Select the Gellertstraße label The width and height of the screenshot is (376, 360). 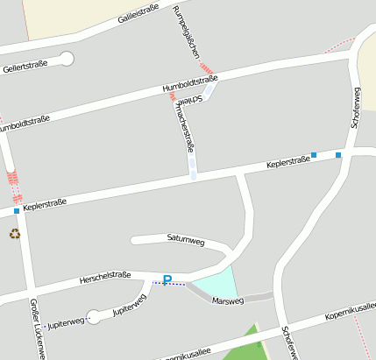pyautogui.click(x=25, y=67)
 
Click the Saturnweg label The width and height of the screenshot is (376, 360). pyautogui.click(x=185, y=237)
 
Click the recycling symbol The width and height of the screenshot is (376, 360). pyautogui.click(x=14, y=233)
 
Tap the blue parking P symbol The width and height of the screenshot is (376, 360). pyautogui.click(x=167, y=281)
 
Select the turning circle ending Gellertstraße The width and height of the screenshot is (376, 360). pyautogui.click(x=67, y=59)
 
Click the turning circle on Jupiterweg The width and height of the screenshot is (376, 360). pyautogui.click(x=94, y=317)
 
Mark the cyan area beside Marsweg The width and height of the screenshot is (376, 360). pyautogui.click(x=216, y=283)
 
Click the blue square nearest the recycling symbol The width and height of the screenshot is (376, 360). pyautogui.click(x=16, y=211)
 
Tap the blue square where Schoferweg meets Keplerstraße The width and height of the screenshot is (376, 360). pyautogui.click(x=338, y=154)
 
